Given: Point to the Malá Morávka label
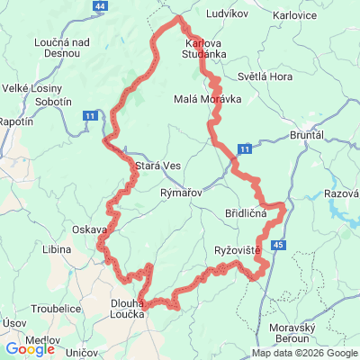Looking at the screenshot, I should tap(207, 99).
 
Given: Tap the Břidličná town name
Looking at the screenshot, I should tap(245, 213).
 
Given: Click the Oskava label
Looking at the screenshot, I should tap(90, 229).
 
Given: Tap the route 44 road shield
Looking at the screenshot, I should tap(98, 6).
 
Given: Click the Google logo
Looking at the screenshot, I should tap(29, 349).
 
